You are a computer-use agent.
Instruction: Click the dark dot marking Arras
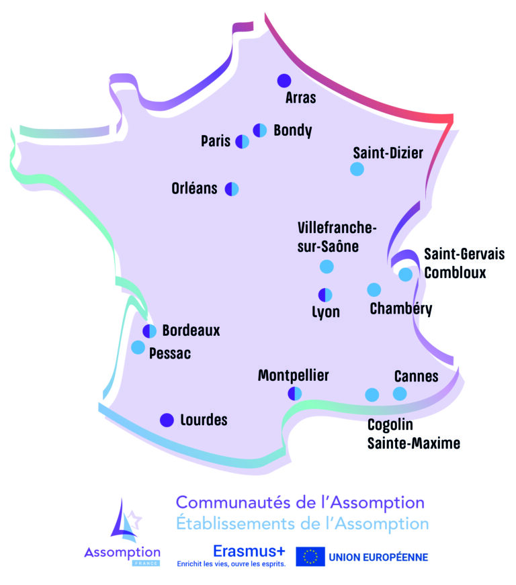click(x=284, y=81)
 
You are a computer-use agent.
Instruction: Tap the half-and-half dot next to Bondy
click(x=259, y=130)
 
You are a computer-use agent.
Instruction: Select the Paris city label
click(x=216, y=141)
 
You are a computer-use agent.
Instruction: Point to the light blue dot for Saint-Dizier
click(x=357, y=169)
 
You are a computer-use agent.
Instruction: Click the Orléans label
click(x=194, y=189)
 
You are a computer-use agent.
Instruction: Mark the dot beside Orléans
click(x=232, y=189)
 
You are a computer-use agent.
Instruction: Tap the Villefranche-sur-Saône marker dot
click(x=327, y=267)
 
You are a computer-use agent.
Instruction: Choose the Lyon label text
click(x=326, y=312)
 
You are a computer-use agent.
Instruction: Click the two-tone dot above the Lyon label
click(x=325, y=295)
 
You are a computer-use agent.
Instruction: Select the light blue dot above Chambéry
click(x=374, y=289)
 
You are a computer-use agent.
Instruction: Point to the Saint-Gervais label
click(x=464, y=254)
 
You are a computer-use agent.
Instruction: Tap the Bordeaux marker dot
click(x=150, y=331)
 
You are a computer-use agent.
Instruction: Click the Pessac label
click(x=170, y=353)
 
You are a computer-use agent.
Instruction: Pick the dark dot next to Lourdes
click(x=167, y=420)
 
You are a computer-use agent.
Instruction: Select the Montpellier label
click(x=293, y=375)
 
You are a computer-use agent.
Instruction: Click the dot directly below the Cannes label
click(x=400, y=394)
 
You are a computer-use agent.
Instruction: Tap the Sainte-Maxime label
click(x=414, y=443)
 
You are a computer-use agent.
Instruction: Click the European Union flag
click(x=310, y=557)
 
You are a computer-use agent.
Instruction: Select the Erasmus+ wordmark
click(x=249, y=551)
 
